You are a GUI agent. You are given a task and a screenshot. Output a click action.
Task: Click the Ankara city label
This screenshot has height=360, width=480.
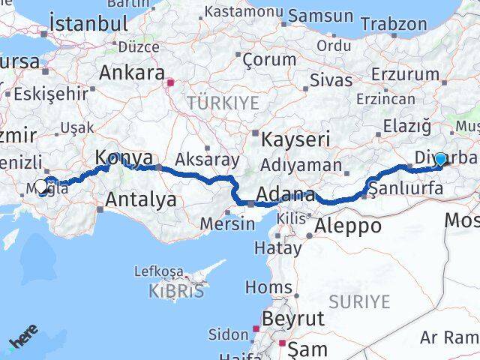132,73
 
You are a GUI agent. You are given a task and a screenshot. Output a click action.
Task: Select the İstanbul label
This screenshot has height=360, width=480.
88,23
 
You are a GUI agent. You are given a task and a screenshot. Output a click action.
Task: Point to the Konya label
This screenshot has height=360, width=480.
124,158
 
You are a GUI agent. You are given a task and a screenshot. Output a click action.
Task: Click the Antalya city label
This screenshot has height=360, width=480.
141,199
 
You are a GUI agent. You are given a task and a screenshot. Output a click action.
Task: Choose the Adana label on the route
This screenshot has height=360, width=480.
285,196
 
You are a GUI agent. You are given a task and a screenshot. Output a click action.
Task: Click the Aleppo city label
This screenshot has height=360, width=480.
348,226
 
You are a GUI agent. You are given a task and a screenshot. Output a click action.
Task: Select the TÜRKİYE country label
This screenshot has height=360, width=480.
223,103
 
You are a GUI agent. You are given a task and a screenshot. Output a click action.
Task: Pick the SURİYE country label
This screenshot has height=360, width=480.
364,301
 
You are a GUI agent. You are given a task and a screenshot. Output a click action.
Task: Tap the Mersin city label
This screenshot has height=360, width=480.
228,223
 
